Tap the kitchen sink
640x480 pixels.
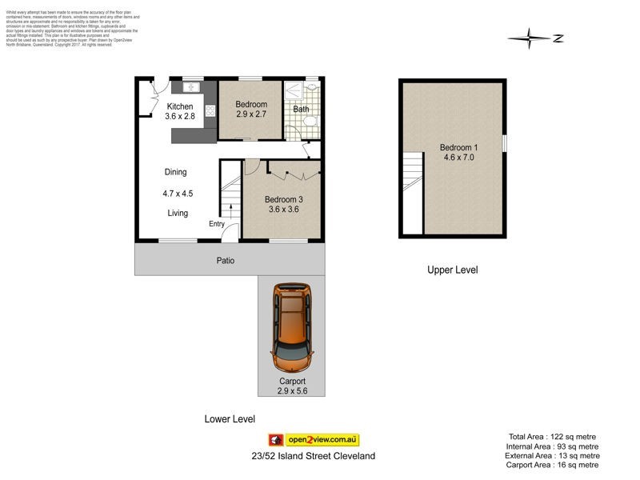click(193, 87)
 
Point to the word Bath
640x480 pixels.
click(301, 110)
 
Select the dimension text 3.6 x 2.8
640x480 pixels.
click(180, 117)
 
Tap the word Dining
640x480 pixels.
click(175, 172)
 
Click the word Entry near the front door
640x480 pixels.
click(217, 224)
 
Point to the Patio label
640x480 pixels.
click(225, 261)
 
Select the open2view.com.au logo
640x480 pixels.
click(314, 440)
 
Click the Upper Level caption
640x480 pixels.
click(452, 270)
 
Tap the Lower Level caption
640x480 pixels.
click(230, 419)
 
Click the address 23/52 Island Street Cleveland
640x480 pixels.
click(311, 456)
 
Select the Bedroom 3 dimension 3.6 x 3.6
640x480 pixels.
click(282, 210)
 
